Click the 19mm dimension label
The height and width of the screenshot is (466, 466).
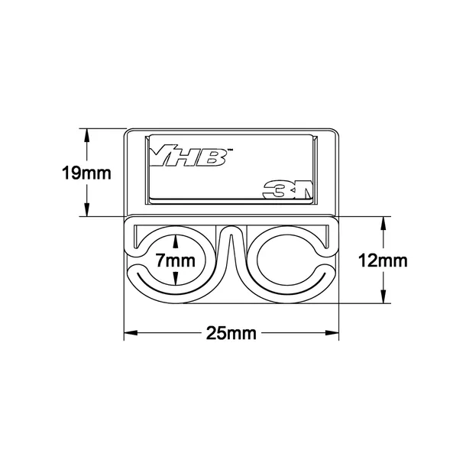(86, 173)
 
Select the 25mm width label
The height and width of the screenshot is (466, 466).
(231, 333)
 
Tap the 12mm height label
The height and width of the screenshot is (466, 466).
(383, 261)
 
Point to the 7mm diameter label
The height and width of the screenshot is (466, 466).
(176, 261)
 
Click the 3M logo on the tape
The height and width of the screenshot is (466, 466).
(288, 189)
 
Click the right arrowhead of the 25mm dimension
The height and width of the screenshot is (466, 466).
(332, 333)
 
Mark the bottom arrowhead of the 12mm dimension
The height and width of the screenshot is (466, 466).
(383, 296)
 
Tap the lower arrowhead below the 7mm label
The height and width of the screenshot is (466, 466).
(176, 279)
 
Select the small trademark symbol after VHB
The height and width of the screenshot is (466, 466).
(230, 150)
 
